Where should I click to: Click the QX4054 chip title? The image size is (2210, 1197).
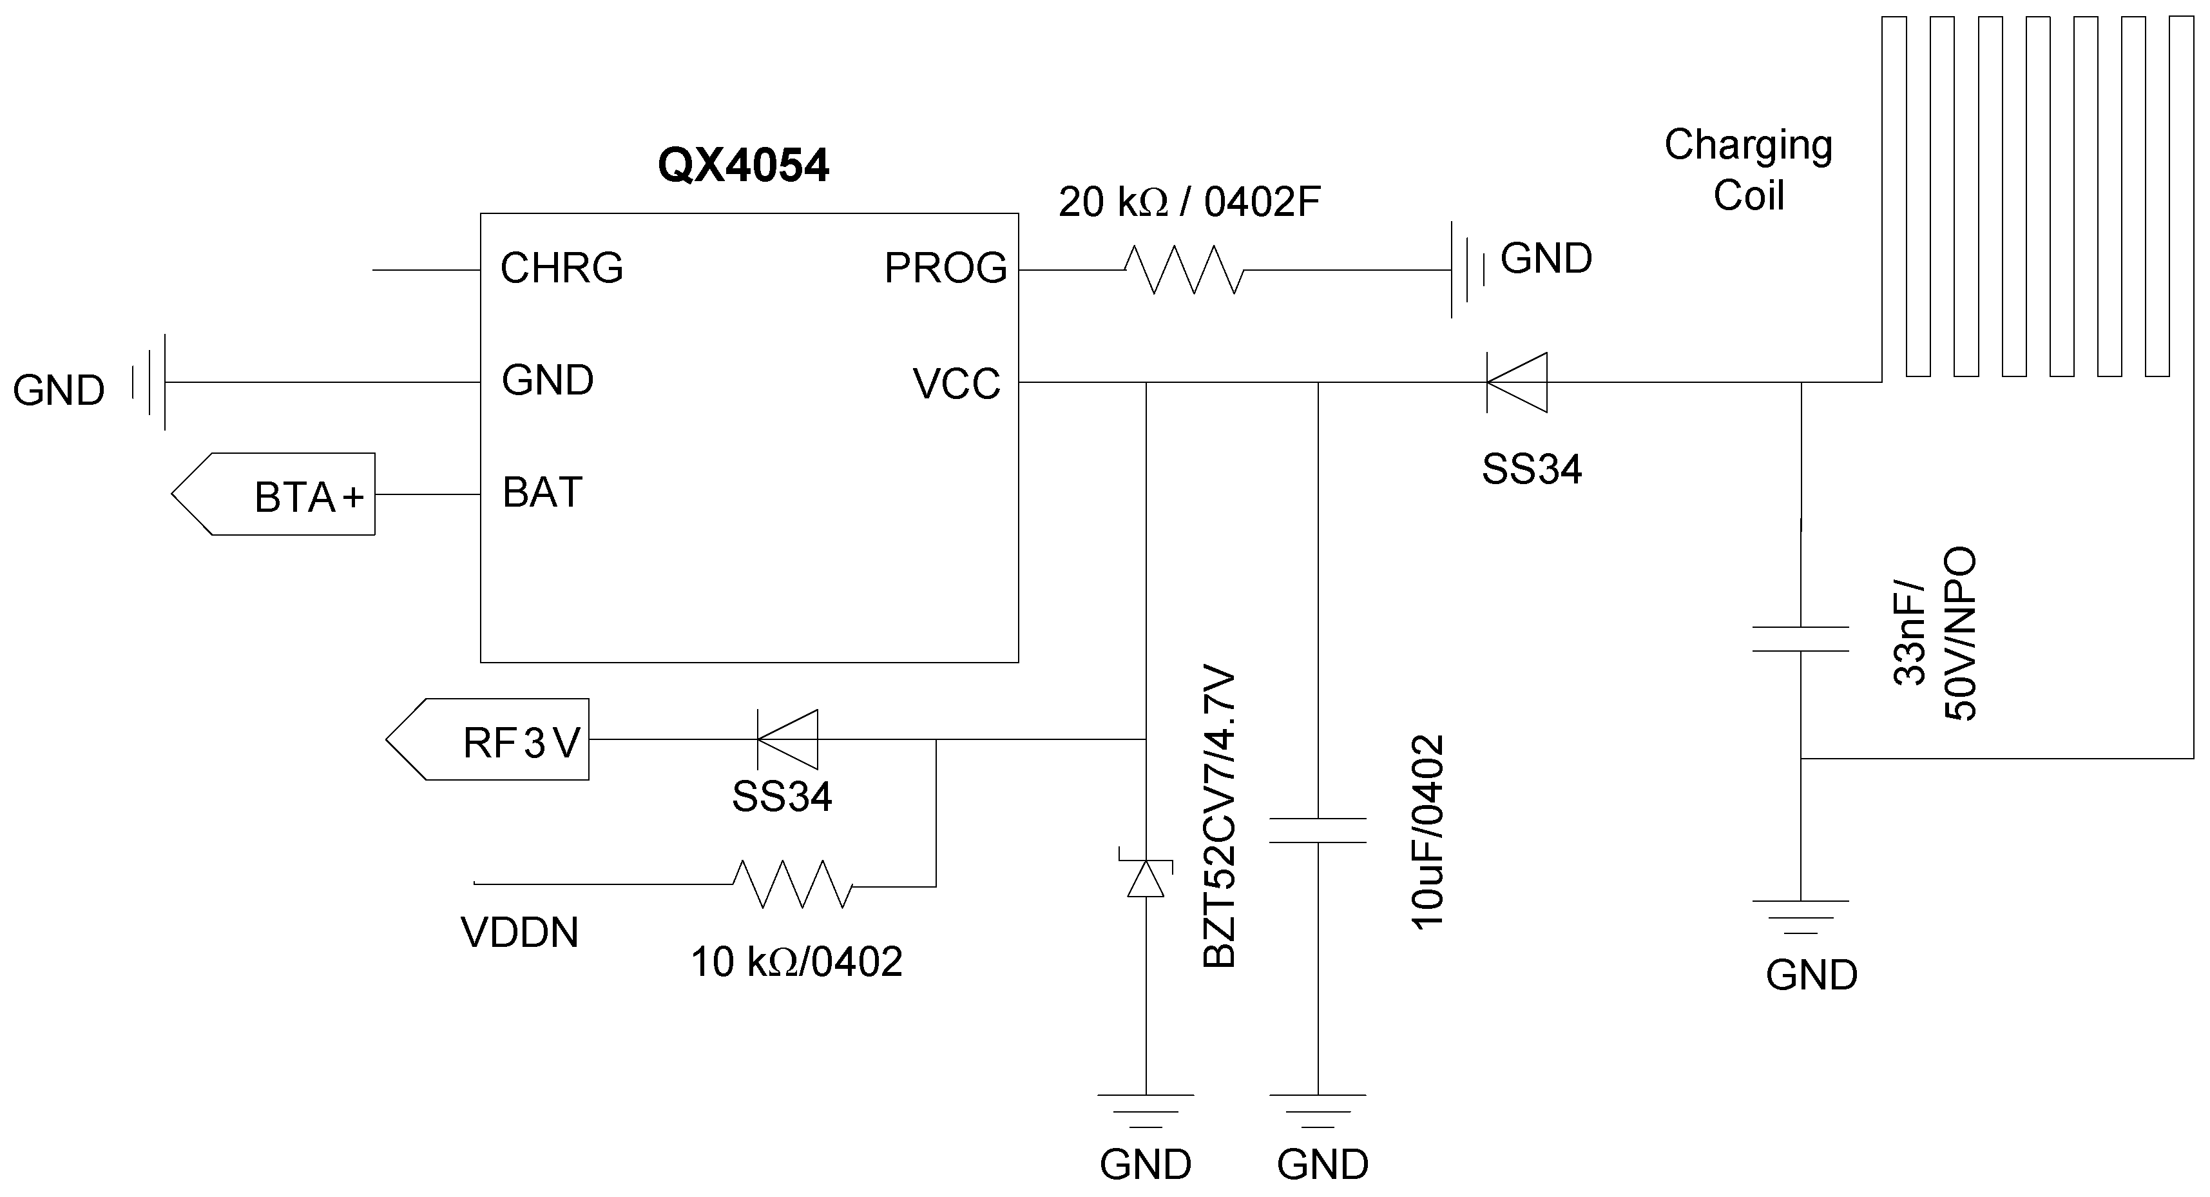[x=742, y=165]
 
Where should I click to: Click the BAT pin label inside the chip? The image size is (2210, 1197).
[x=543, y=492]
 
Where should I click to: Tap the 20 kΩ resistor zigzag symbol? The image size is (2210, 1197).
[x=1184, y=269]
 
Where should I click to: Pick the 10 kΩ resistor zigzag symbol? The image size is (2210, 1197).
[x=793, y=884]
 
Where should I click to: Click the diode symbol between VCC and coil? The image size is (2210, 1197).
[x=1517, y=383]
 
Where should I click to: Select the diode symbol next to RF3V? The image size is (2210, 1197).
[x=787, y=739]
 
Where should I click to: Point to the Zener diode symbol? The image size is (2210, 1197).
[x=1146, y=875]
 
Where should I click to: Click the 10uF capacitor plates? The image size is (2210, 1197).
[x=1318, y=830]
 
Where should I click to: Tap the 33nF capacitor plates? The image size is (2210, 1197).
[x=1800, y=638]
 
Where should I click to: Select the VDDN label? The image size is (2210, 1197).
[x=519, y=933]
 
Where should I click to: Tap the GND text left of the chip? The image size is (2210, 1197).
[x=59, y=391]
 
